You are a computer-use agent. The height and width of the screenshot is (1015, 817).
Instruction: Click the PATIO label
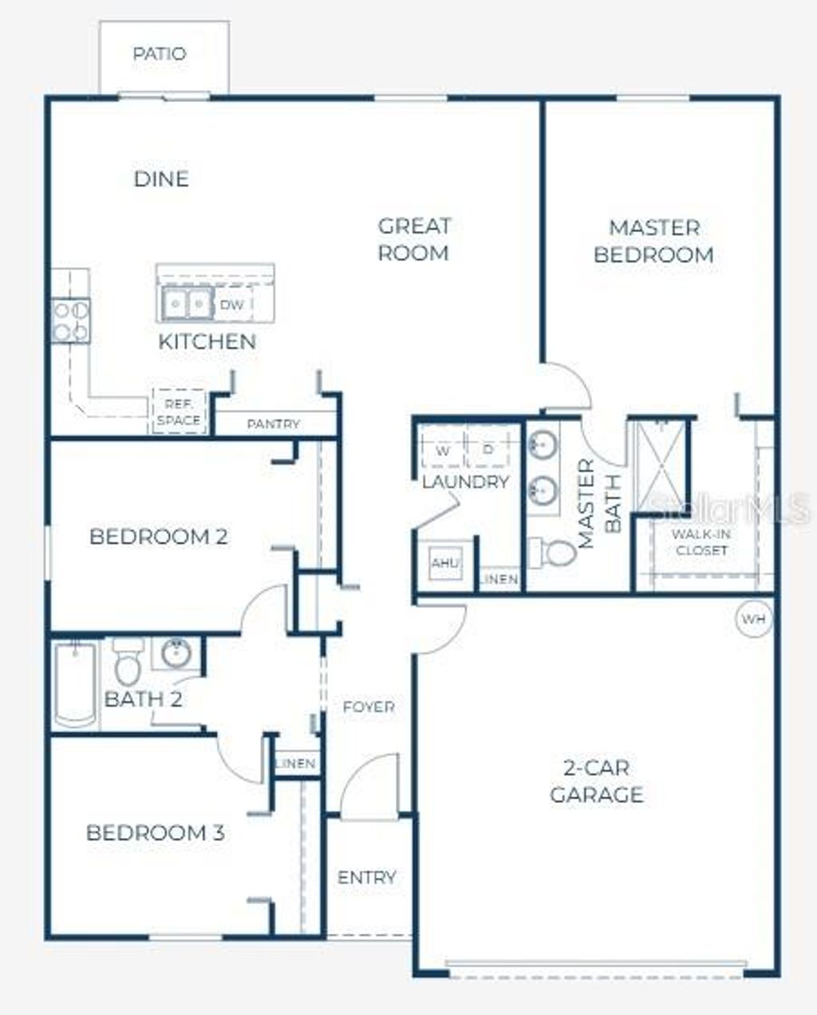click(160, 54)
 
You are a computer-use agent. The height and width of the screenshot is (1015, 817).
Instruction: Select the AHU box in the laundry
click(444, 563)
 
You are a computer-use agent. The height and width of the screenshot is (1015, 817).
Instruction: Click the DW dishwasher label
click(231, 305)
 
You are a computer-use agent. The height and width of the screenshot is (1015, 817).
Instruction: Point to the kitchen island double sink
click(187, 304)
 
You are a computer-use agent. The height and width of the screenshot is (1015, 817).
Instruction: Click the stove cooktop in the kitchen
click(70, 321)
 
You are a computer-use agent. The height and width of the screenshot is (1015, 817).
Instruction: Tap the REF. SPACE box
click(179, 412)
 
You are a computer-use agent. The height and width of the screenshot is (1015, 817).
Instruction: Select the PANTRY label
click(273, 424)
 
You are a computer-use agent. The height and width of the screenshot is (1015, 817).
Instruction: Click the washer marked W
click(443, 450)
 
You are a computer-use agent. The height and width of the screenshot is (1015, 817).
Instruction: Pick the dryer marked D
click(488, 450)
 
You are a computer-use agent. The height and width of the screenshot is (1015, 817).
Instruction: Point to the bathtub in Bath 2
click(75, 684)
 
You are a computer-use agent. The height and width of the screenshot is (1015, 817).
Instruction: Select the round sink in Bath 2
click(176, 653)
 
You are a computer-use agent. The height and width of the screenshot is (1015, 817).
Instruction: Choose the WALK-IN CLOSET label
click(701, 542)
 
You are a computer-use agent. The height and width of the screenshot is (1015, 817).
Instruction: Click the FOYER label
click(368, 706)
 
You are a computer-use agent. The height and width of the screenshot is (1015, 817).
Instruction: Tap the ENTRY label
click(366, 877)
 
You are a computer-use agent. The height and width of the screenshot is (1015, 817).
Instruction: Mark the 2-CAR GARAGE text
click(597, 781)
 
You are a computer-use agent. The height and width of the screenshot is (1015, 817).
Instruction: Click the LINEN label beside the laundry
click(500, 580)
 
